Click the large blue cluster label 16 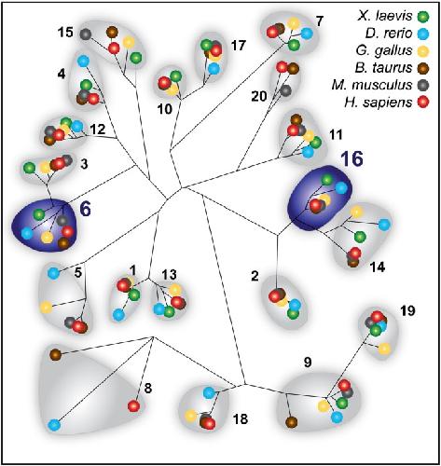[x=351, y=158]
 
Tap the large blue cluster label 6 [x=86, y=209]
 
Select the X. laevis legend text [x=385, y=16]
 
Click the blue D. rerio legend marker [x=423, y=34]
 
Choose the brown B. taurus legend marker [x=423, y=67]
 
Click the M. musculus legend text [x=372, y=85]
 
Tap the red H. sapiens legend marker [x=423, y=102]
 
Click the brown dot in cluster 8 [x=55, y=354]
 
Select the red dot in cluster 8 [x=133, y=405]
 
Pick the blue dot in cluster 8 [x=54, y=425]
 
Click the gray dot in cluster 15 [x=85, y=34]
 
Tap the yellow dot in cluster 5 [x=46, y=307]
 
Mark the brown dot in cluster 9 [x=291, y=422]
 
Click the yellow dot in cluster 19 [x=384, y=349]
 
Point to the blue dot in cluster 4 [x=83, y=61]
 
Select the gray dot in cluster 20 [x=285, y=90]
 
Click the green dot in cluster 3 [x=30, y=168]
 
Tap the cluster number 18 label [x=241, y=418]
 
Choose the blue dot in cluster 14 [x=384, y=225]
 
